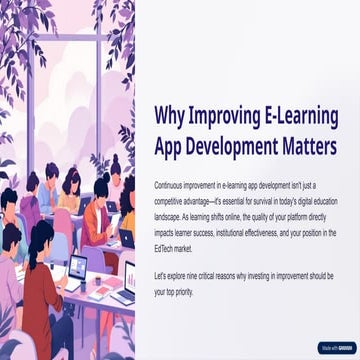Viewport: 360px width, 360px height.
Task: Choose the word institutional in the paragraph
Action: (230, 233)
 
